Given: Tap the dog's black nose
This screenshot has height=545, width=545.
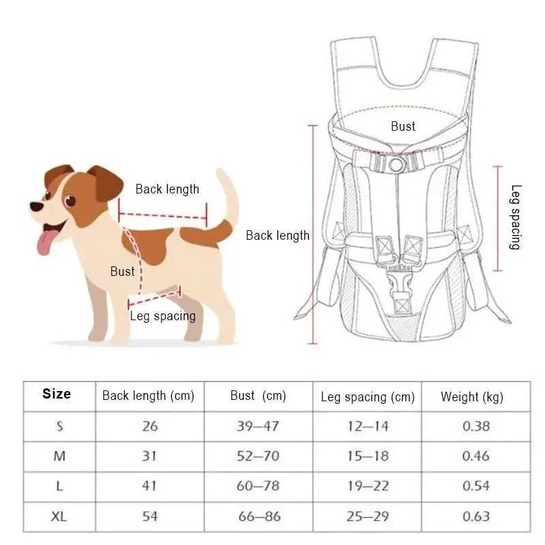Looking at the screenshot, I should click(x=34, y=206).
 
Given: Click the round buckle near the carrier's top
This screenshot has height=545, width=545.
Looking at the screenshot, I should click(x=395, y=164).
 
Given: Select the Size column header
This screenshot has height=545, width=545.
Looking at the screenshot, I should click(x=57, y=394).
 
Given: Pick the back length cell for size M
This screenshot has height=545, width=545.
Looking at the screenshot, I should click(x=150, y=456).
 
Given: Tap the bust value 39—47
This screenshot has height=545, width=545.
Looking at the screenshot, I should click(x=258, y=426).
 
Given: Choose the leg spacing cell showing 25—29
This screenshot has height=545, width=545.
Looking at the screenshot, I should click(x=367, y=516).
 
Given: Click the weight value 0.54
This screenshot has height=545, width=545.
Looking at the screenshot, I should click(x=476, y=486).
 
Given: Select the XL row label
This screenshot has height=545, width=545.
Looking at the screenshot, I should click(x=59, y=516).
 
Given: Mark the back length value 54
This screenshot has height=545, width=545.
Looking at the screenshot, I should click(x=150, y=516).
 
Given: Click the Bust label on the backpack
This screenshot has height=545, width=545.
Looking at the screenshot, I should click(x=403, y=126).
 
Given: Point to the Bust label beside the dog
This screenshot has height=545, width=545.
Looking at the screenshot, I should click(x=123, y=271).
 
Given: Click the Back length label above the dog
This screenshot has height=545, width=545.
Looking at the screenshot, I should click(x=167, y=189).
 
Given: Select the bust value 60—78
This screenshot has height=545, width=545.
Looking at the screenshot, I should click(x=258, y=486).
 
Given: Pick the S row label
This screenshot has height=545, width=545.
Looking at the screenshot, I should click(x=59, y=426).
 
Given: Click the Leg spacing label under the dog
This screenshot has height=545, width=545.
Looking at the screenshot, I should click(x=163, y=315).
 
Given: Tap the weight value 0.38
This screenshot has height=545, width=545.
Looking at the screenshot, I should click(x=476, y=426).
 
